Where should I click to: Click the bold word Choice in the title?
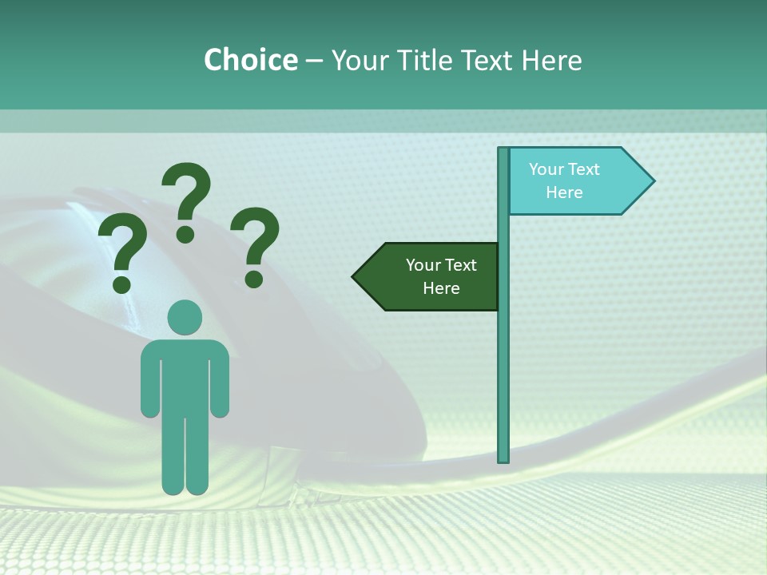pyautogui.click(x=250, y=60)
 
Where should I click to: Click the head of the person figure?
pyautogui.click(x=185, y=318)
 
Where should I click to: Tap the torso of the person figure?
pyautogui.click(x=185, y=375)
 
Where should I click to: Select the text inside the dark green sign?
pyautogui.click(x=440, y=276)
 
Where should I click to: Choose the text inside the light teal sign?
pyautogui.click(x=564, y=180)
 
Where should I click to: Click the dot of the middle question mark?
pyautogui.click(x=185, y=233)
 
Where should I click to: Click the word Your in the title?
pyautogui.click(x=356, y=60)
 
